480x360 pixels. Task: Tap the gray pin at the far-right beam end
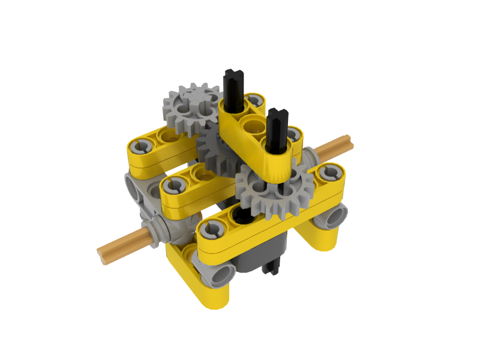tap(331, 174)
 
